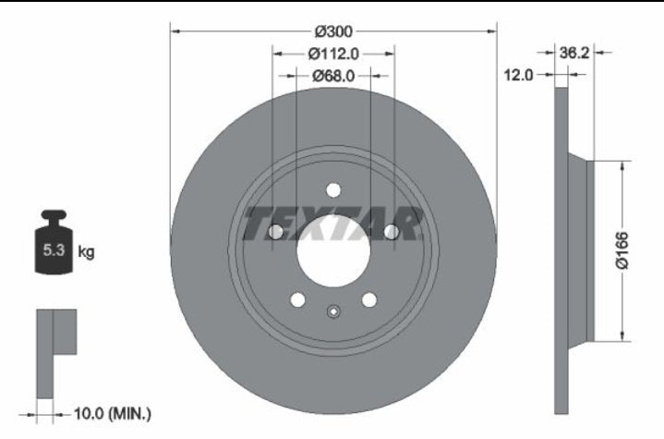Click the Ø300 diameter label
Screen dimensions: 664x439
pyautogui.click(x=333, y=31)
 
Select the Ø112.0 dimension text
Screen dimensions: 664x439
pyautogui.click(x=333, y=54)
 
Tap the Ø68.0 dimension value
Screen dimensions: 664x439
pyautogui.click(x=333, y=76)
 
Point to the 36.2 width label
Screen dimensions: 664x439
pyautogui.click(x=574, y=53)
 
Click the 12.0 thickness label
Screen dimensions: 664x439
pyautogui.click(x=518, y=75)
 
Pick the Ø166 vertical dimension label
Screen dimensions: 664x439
pyautogui.click(x=622, y=250)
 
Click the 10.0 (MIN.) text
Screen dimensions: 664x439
pyautogui.click(x=113, y=413)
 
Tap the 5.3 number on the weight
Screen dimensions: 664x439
pyautogui.click(x=54, y=250)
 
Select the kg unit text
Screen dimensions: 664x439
pyautogui.click(x=86, y=252)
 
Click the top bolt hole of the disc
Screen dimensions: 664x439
pyautogui.click(x=333, y=190)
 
